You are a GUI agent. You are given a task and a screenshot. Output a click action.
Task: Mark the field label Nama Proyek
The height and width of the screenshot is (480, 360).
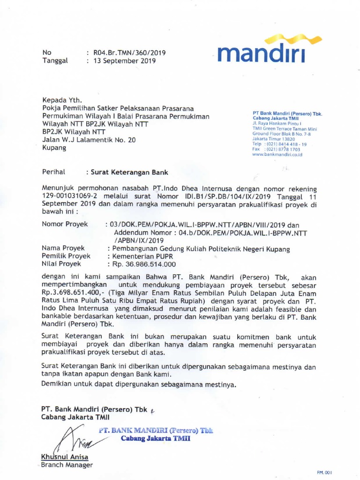(63, 248)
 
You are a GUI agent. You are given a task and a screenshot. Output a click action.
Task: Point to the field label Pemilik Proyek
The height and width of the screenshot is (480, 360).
(66, 256)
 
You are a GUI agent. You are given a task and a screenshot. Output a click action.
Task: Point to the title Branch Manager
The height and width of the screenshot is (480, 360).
(67, 465)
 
